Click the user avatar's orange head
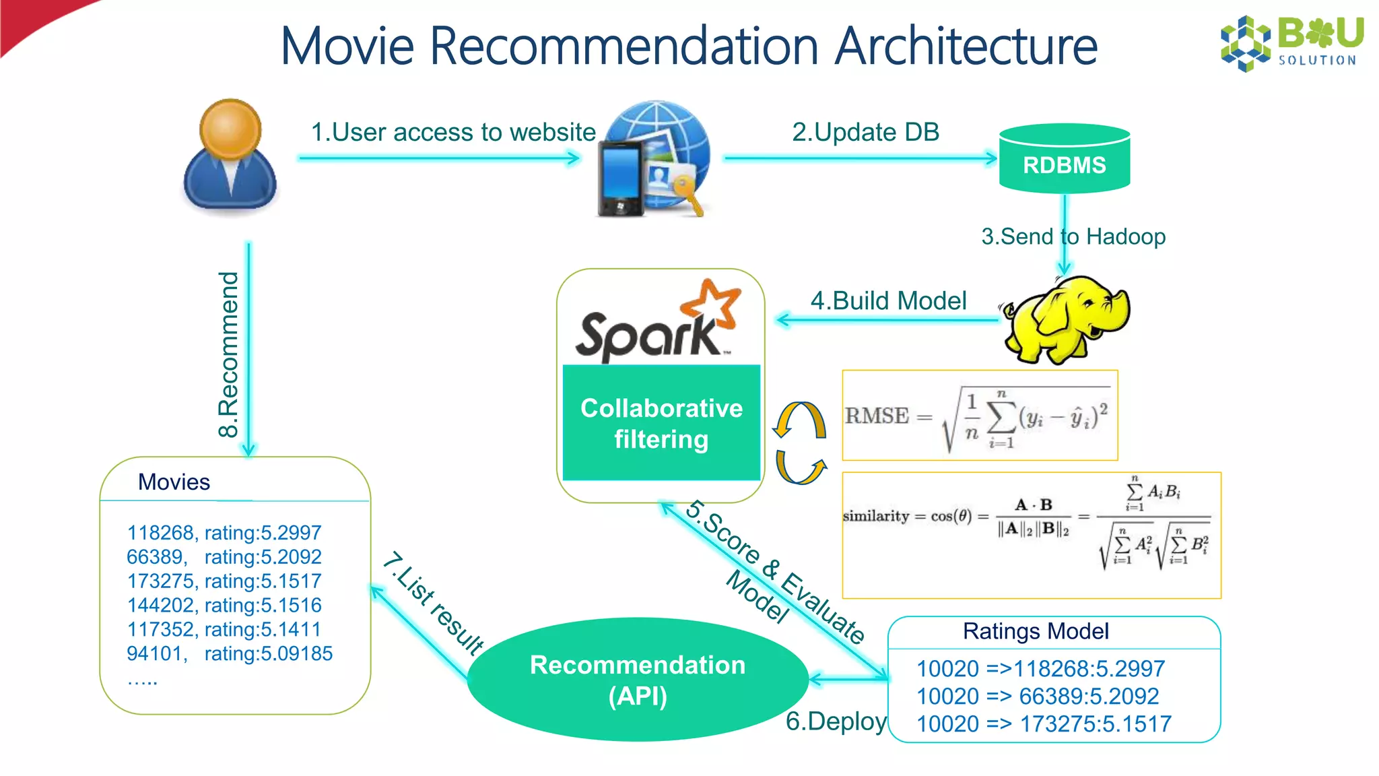[x=230, y=130]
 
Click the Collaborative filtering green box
[x=661, y=423]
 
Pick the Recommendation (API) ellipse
[x=638, y=680]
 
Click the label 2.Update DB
[x=865, y=132]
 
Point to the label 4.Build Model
[x=888, y=300]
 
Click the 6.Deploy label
[x=836, y=721]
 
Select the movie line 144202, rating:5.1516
[x=224, y=605]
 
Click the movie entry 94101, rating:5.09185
[x=230, y=653]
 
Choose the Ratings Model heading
[x=1036, y=631]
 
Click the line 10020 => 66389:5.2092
[x=1037, y=696]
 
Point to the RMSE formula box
[x=980, y=416]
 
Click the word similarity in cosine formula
[x=876, y=516]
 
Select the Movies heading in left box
[x=174, y=482]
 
